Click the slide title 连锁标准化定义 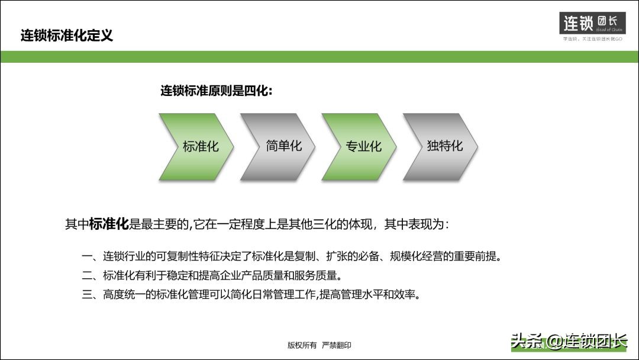tap(67, 36)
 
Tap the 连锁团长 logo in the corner tap(592, 24)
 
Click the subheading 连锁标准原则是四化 tap(217, 91)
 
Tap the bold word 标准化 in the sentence tap(109, 224)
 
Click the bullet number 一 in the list tap(86, 257)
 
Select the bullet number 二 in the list tap(86, 275)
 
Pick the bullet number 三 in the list tap(86, 294)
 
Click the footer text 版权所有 tap(302, 345)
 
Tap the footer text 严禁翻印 tap(337, 345)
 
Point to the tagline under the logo tap(592, 39)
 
